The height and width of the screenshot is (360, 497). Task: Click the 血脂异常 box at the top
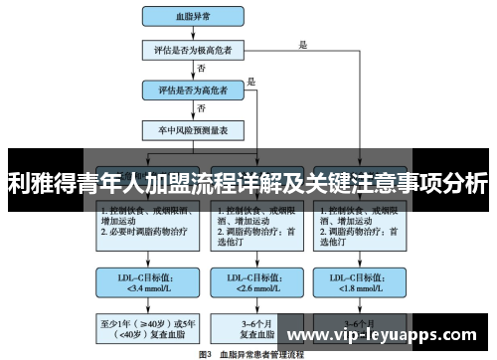tap(194, 17)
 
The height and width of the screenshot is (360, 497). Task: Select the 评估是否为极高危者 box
tap(194, 51)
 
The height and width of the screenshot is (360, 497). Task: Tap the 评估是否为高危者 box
tap(194, 90)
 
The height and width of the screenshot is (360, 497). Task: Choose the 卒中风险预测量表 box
tap(194, 128)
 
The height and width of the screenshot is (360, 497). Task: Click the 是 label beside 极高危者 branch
tap(303, 44)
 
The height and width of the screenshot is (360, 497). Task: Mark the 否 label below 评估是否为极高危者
tap(202, 70)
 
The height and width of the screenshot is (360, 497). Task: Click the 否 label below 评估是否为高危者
tap(202, 108)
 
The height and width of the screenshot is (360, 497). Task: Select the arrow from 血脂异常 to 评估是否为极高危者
tap(194, 33)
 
